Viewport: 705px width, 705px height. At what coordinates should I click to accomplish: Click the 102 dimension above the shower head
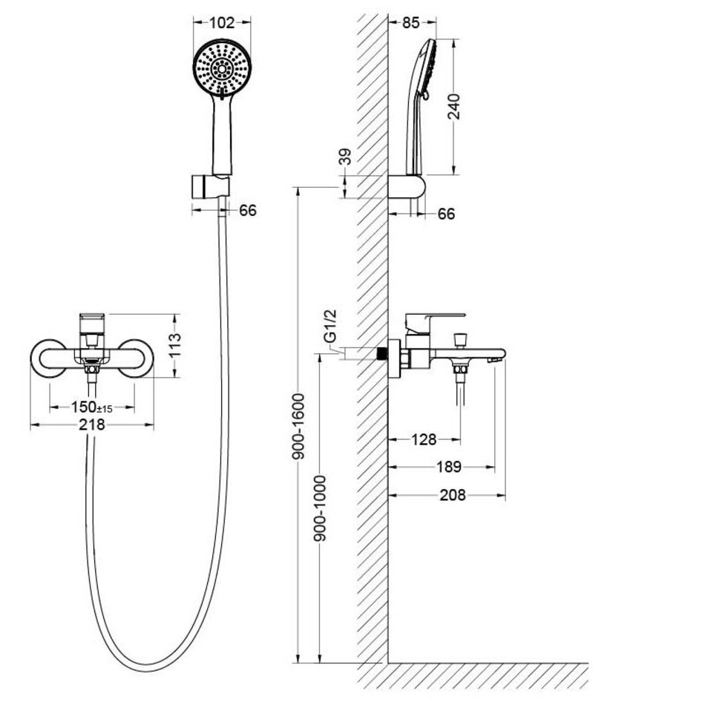pos(222,22)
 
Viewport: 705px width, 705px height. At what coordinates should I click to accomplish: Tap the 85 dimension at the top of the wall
pos(410,22)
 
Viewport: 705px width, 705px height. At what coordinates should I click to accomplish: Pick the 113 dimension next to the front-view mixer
pos(175,344)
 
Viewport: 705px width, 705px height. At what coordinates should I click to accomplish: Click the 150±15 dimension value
pos(92,407)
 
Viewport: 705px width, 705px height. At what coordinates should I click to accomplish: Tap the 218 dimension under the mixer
pos(92,424)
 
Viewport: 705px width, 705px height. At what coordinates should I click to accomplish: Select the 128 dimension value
pos(424,439)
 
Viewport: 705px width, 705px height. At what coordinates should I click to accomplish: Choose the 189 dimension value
pos(449,467)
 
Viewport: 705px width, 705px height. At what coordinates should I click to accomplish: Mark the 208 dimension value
pos(453,495)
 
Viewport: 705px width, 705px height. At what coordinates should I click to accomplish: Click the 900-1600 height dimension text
pos(298,427)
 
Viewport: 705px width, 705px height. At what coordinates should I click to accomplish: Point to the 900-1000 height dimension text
pos(320,508)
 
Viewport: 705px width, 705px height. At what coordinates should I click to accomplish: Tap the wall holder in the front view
pos(211,186)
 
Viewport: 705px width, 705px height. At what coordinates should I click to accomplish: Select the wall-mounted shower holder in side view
pos(407,186)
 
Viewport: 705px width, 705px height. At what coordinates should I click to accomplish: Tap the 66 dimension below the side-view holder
pos(446,214)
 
